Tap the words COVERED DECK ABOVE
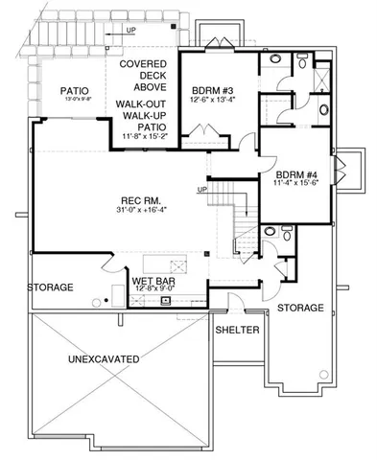click(x=146, y=75)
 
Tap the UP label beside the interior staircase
click(x=201, y=189)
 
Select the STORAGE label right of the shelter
click(x=300, y=308)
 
